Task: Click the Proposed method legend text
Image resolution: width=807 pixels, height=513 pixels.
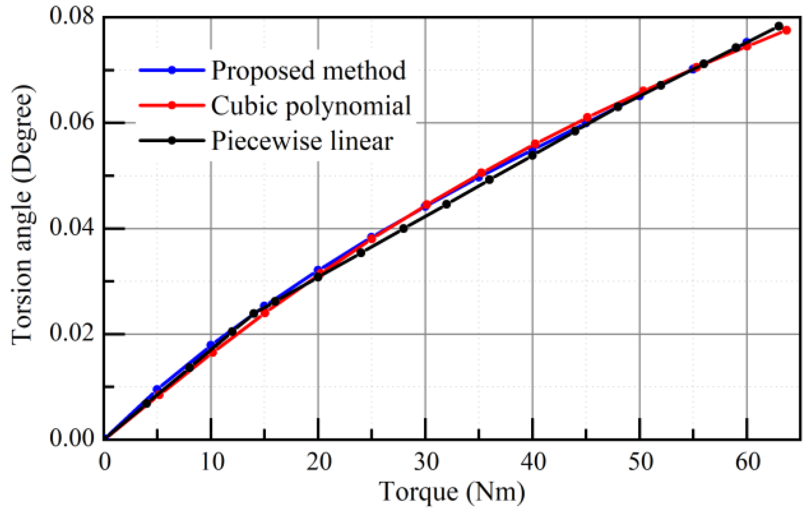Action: point(308,70)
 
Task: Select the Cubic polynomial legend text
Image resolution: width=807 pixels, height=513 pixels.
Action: point(311,106)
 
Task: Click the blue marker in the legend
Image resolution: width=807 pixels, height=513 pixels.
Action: point(172,70)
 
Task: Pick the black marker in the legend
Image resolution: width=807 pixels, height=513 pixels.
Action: point(172,141)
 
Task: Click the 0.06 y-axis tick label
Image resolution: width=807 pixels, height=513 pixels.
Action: point(72,122)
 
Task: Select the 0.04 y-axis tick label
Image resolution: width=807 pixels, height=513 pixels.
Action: point(72,228)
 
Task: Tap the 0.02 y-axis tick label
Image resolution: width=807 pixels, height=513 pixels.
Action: point(72,333)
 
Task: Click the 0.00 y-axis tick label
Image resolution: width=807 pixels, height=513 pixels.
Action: point(72,439)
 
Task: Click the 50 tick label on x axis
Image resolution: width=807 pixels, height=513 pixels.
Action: point(640,462)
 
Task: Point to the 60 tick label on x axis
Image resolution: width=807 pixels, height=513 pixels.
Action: point(748,462)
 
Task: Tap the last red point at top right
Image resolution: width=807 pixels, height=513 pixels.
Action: point(786,30)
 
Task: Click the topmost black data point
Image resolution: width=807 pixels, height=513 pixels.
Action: point(779,26)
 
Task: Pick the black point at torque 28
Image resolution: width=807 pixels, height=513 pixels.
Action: point(403,228)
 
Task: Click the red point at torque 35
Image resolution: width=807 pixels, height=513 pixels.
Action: point(481,173)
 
